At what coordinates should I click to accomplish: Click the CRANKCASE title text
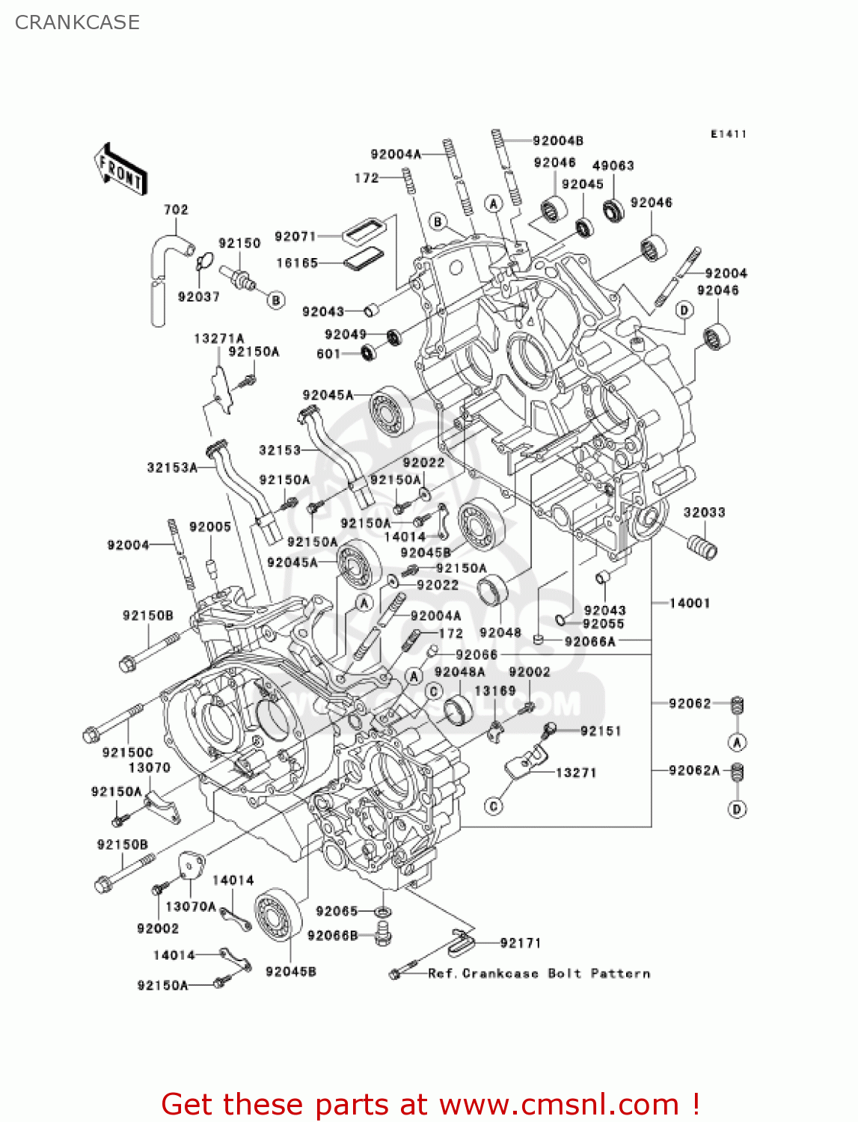pyautogui.click(x=77, y=22)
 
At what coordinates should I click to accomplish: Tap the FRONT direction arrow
pyautogui.click(x=120, y=171)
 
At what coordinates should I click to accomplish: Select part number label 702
pyautogui.click(x=176, y=209)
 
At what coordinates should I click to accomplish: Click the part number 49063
pyautogui.click(x=613, y=165)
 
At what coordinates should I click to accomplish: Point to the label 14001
pyautogui.click(x=689, y=603)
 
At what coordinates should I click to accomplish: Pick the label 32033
pyautogui.click(x=704, y=512)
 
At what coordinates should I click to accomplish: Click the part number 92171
pyautogui.click(x=520, y=942)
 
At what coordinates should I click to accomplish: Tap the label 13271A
pyautogui.click(x=218, y=338)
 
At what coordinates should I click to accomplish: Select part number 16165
pyautogui.click(x=297, y=263)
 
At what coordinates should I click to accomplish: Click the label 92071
pyautogui.click(x=295, y=236)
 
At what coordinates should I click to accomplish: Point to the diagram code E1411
pyautogui.click(x=729, y=134)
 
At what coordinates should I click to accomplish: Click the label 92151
pyautogui.click(x=601, y=731)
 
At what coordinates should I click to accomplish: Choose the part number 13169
pyautogui.click(x=494, y=690)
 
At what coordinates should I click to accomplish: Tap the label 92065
pyautogui.click(x=337, y=910)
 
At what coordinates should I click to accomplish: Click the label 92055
pyautogui.click(x=603, y=624)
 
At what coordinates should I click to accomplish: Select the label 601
pyautogui.click(x=328, y=354)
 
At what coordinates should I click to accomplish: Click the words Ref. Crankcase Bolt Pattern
pyautogui.click(x=539, y=973)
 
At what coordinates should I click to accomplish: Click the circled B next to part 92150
pyautogui.click(x=277, y=301)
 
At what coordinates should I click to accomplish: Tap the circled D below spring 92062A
pyautogui.click(x=737, y=809)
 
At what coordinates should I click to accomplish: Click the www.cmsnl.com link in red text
pyautogui.click(x=559, y=1104)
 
